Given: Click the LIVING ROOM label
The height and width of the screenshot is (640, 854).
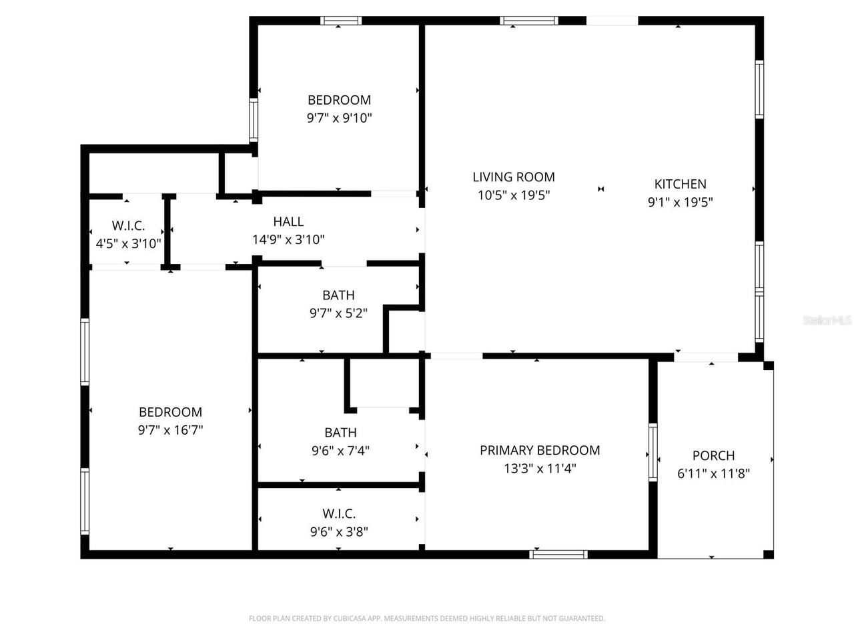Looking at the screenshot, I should (514, 177).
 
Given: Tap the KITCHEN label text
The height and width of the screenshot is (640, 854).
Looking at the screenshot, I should (680, 184).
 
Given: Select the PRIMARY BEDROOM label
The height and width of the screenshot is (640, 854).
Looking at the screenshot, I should (540, 451).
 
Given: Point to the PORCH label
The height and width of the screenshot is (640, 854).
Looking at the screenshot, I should (713, 456).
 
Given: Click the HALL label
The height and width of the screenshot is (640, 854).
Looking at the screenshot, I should (288, 222).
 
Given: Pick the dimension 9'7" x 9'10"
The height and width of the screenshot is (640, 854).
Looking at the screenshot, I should (339, 118).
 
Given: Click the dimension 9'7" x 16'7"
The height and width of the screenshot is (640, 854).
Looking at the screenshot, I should (170, 430).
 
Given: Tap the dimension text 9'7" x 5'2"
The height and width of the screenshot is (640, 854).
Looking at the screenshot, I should (338, 313).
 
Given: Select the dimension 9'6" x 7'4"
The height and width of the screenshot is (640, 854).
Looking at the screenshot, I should (340, 451).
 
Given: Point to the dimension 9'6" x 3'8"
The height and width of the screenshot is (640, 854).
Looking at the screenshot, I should (339, 531).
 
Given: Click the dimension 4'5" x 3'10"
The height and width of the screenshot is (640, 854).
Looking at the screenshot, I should (128, 243).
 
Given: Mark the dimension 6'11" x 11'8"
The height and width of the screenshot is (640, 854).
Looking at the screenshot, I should (713, 474).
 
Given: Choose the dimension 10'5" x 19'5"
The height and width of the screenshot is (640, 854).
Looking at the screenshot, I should (514, 195).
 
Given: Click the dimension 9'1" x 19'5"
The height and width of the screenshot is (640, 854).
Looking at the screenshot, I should (680, 202).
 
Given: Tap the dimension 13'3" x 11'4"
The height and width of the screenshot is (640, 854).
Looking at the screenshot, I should (540, 469).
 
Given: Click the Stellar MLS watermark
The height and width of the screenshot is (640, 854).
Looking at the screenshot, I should (827, 321).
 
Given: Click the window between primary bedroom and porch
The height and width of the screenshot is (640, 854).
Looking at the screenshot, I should (653, 452).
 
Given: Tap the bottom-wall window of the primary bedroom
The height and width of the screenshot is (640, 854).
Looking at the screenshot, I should (558, 554).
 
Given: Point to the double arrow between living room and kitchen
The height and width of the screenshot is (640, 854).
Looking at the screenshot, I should (601, 189).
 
